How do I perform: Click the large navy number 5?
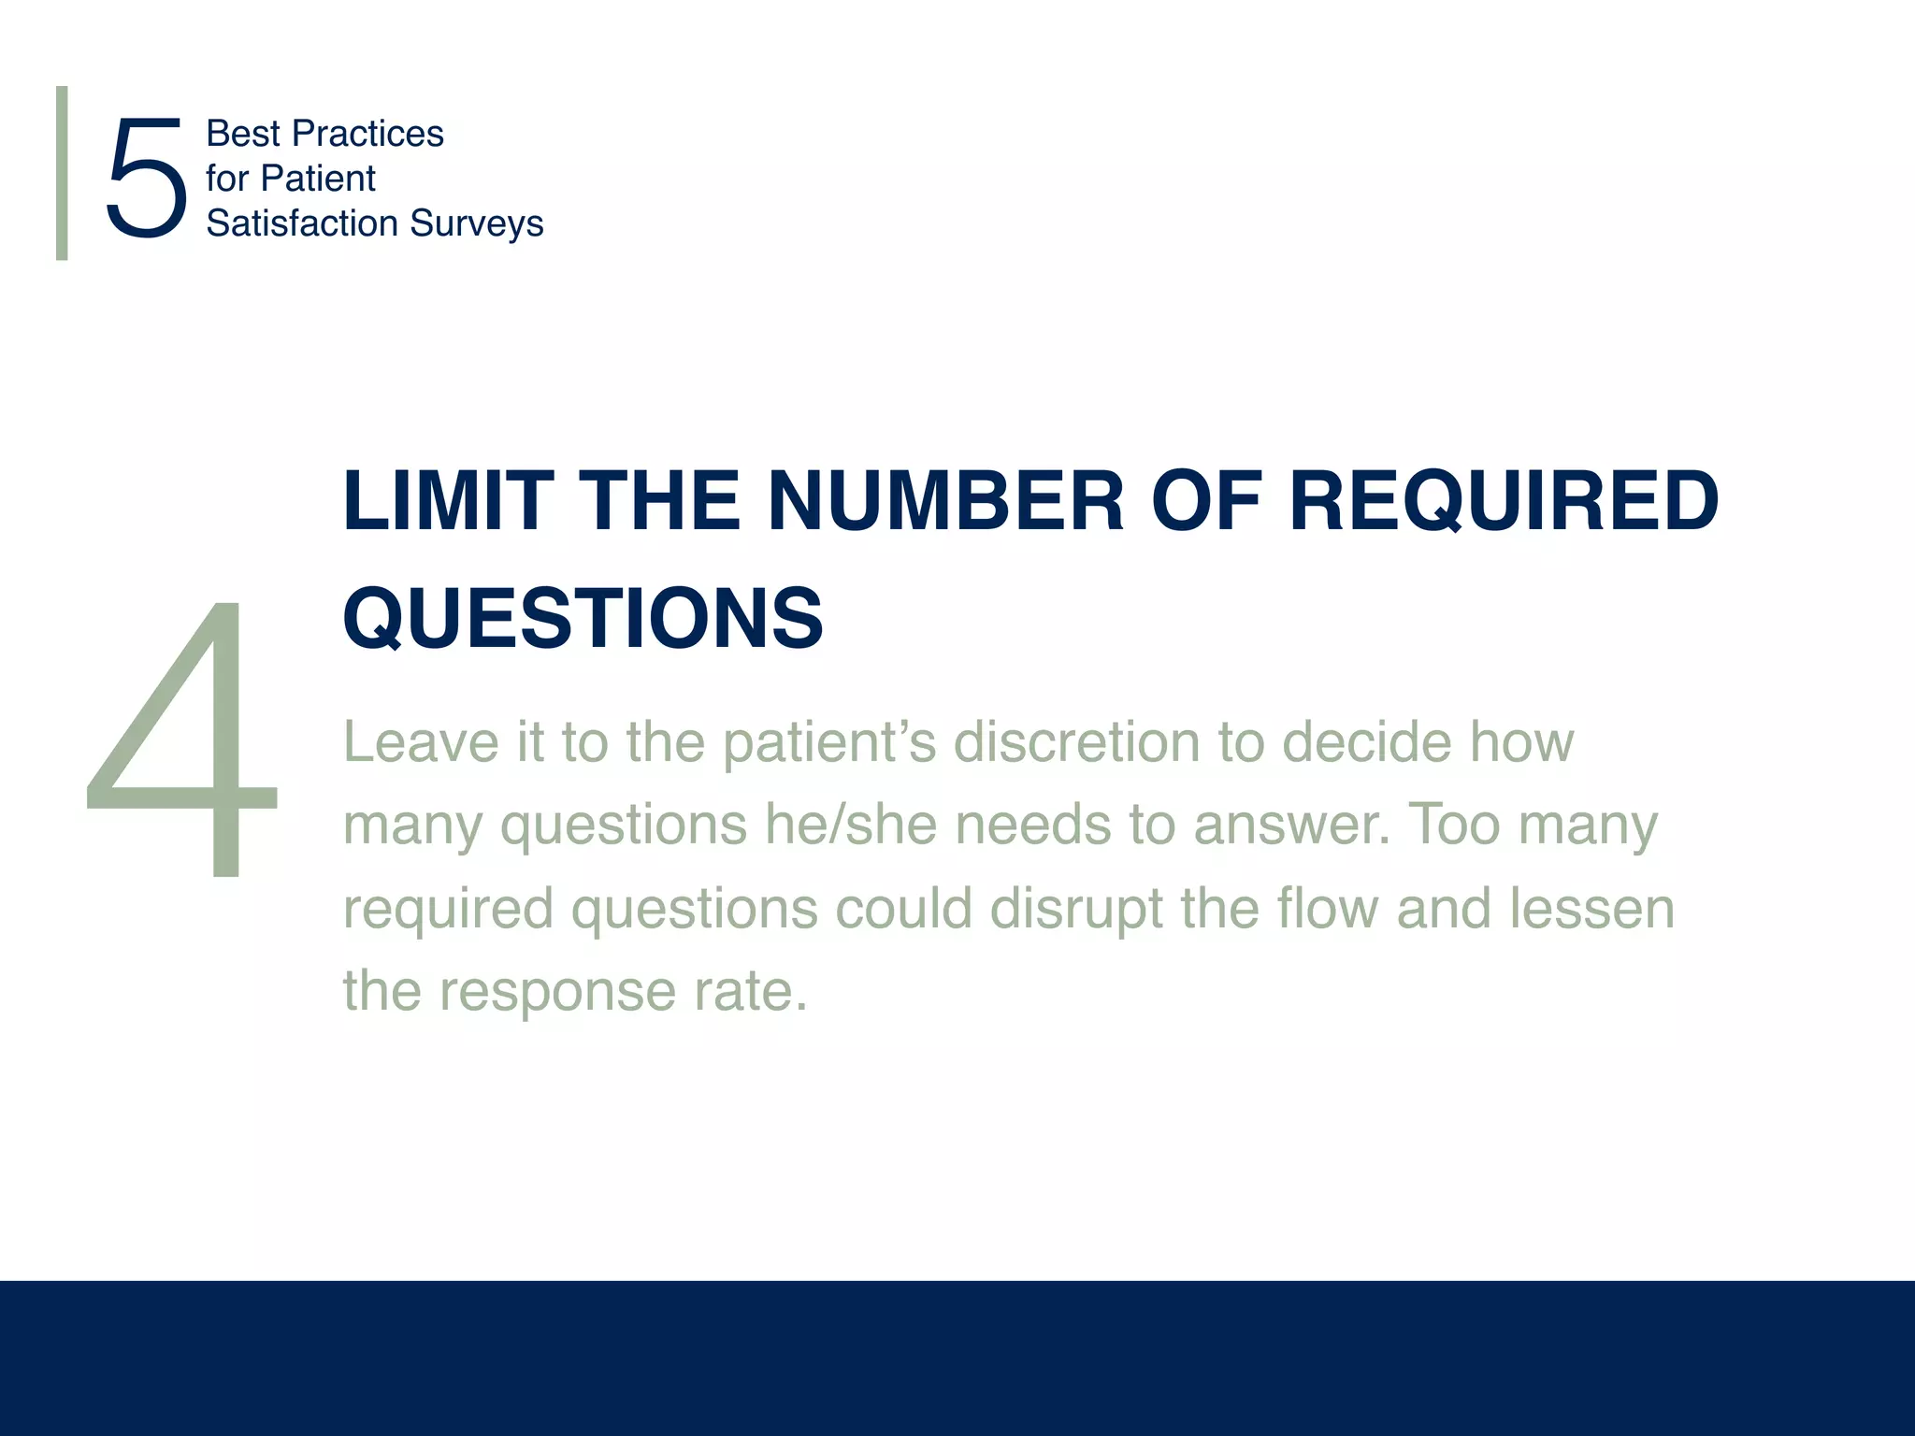(146, 178)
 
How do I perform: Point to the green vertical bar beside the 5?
(62, 173)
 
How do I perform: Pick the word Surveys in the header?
(477, 224)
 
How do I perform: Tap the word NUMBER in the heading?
(945, 502)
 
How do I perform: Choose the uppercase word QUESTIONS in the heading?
(583, 618)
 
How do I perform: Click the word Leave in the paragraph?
(422, 742)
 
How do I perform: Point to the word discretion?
(1075, 742)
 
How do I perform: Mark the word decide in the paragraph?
(1366, 742)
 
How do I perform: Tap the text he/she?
(850, 825)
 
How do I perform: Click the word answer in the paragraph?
(1291, 826)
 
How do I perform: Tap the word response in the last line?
(557, 991)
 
